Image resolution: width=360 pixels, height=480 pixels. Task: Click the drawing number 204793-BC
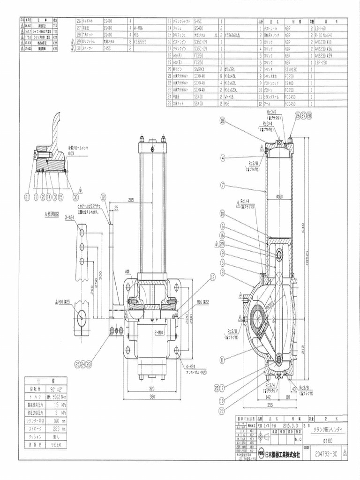(326, 454)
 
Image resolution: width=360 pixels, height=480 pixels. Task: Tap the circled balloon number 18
(223, 121)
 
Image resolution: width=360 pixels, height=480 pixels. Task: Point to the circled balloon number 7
(223, 186)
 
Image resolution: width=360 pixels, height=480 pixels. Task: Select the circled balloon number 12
(103, 197)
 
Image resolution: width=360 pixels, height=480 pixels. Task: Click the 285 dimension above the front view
(131, 200)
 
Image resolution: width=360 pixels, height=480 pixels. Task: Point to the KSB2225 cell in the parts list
(141, 41)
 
